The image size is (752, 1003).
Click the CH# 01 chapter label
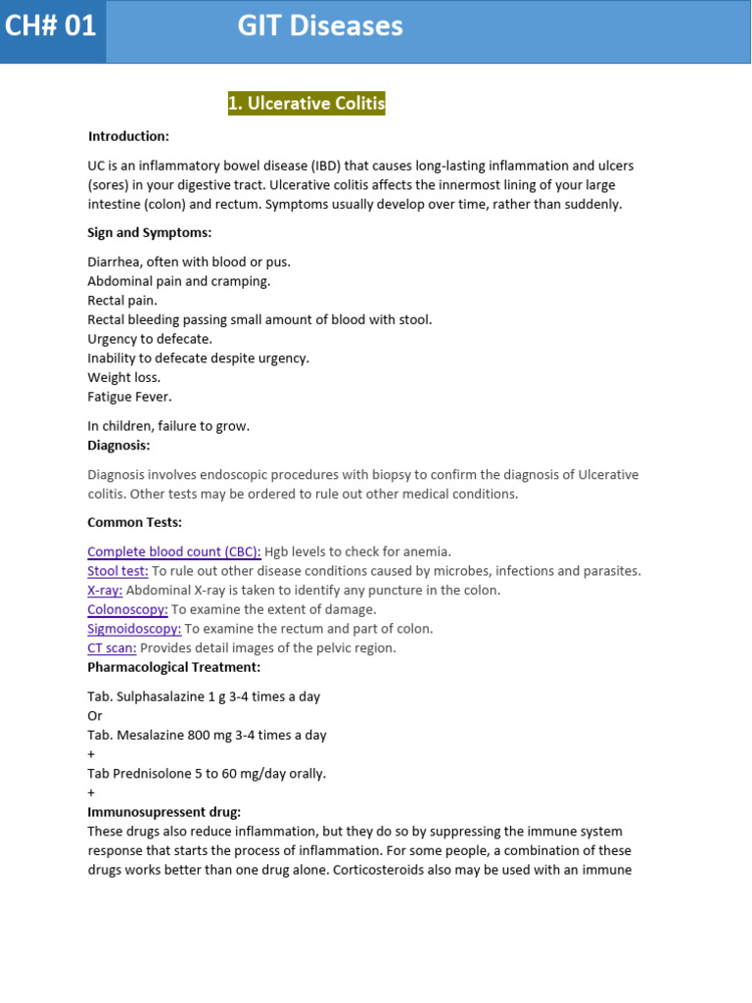point(51,26)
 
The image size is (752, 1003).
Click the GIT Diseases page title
point(320,26)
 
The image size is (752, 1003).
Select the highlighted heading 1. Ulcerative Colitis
point(306,104)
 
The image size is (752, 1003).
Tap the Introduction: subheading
point(128,136)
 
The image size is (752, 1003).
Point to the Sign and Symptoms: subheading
point(149,232)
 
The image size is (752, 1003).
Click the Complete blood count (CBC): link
point(174,551)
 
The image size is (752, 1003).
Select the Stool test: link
point(118,571)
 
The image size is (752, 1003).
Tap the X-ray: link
point(105,591)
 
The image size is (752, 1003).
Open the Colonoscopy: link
point(127,609)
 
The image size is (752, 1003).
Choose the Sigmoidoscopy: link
point(134,629)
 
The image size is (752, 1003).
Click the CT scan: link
point(113,648)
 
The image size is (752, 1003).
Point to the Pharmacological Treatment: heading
point(174,667)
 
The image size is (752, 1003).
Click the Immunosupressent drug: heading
point(164,812)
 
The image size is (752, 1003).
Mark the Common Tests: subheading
point(134,522)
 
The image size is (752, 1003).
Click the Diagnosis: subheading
point(118,445)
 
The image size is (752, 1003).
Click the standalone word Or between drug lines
point(95,716)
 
